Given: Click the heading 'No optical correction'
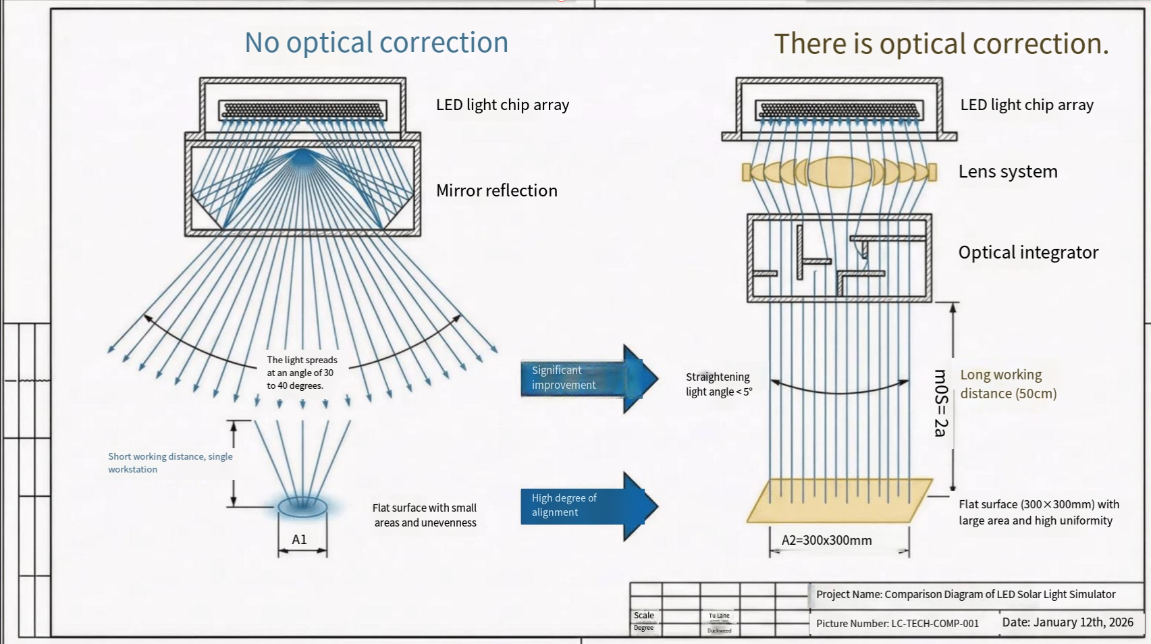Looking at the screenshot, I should (x=376, y=43).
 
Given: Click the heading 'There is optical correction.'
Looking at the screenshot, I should (x=941, y=44).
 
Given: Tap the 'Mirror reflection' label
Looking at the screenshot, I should (x=496, y=191).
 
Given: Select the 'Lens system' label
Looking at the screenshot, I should (x=1007, y=171).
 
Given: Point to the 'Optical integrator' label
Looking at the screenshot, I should (x=1027, y=252).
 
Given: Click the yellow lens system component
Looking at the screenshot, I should (x=839, y=172).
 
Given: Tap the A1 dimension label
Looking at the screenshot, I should (x=299, y=539).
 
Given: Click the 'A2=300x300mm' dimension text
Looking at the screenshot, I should (x=826, y=540).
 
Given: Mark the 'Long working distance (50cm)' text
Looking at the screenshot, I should (x=1007, y=384).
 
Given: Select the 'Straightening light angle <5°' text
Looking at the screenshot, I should (x=718, y=384).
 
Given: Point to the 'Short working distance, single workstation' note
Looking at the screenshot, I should (x=170, y=462).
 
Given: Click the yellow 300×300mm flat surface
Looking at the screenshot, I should (x=839, y=501).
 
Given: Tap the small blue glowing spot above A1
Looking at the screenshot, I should (x=302, y=505).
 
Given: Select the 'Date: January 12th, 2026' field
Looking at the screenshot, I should (x=1067, y=622).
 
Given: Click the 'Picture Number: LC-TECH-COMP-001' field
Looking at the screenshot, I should (x=896, y=624).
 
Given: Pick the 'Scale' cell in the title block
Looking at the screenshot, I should (x=643, y=616).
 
